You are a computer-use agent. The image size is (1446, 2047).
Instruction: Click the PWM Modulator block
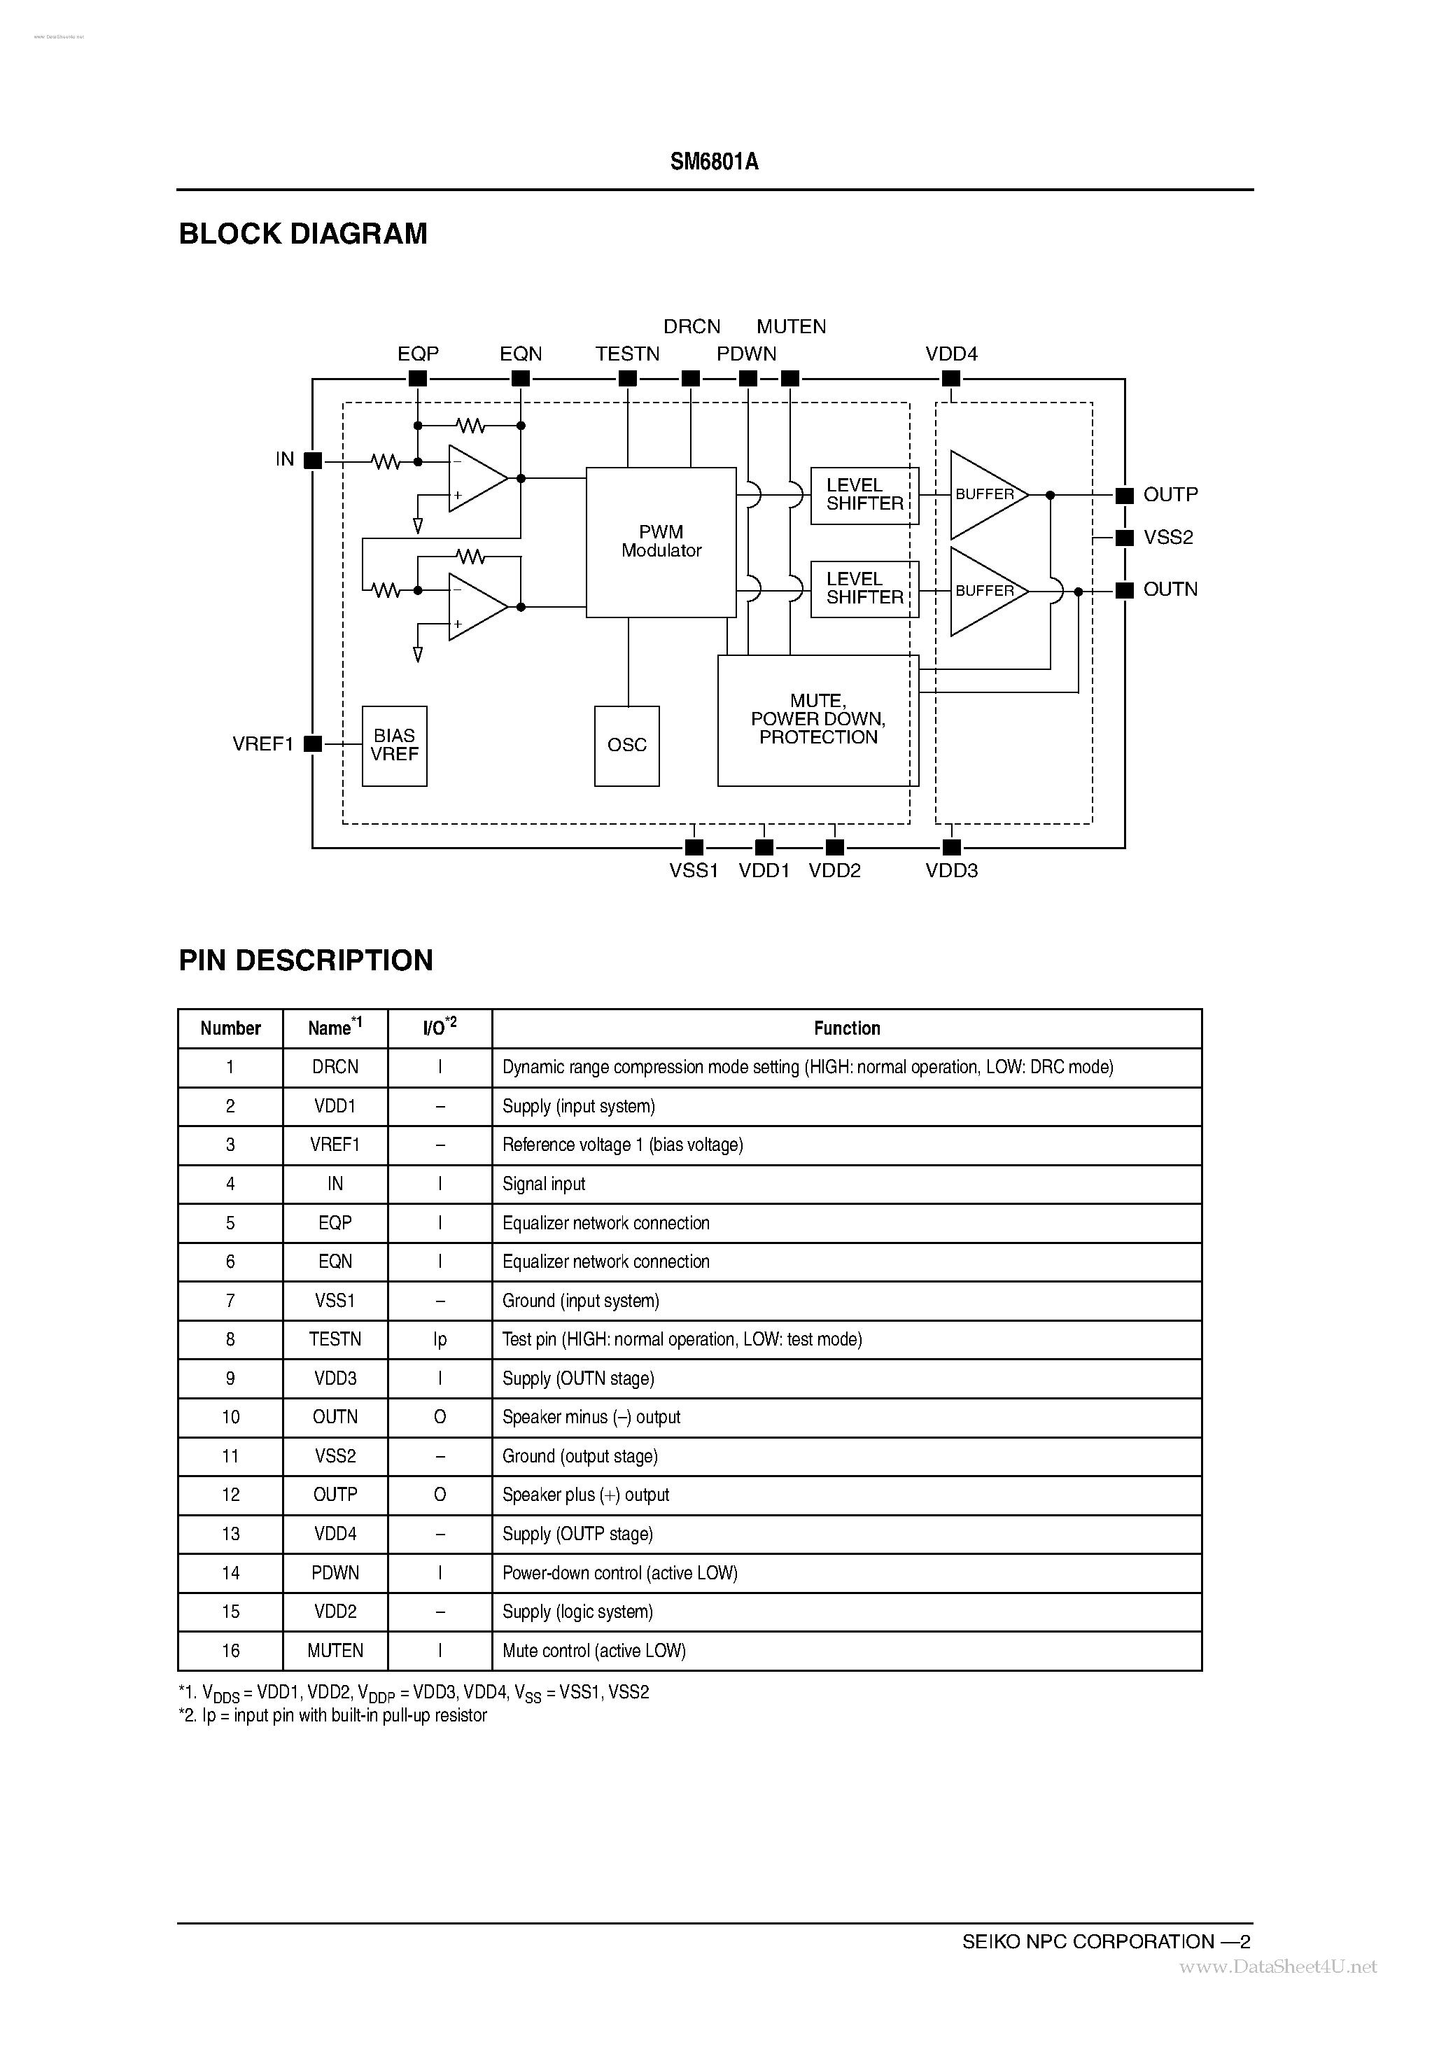pos(661,541)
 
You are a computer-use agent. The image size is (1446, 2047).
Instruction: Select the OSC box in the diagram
pos(626,746)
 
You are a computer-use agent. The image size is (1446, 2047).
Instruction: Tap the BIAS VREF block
pos(394,746)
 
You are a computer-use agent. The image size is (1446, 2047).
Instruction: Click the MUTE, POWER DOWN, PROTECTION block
pos(817,720)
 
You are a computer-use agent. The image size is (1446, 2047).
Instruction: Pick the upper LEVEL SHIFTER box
pos(864,495)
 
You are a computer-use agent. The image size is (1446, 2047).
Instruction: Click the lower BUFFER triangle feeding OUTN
pos(984,591)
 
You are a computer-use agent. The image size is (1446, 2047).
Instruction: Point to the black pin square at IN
pos(313,461)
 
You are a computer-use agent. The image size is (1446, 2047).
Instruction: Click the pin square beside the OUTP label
pos(1125,496)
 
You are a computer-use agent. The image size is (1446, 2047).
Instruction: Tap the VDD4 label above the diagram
pos(951,354)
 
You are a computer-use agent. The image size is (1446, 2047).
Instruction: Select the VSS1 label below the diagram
pos(694,871)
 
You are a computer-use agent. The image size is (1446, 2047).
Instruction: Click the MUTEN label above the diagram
pos(791,327)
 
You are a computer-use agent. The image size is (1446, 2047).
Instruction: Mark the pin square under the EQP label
pos(417,379)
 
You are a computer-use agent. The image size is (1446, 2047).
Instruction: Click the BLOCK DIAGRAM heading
pos(303,234)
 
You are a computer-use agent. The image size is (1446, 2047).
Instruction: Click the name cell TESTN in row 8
pos(335,1339)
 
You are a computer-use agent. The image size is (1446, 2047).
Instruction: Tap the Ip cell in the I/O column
pos(440,1339)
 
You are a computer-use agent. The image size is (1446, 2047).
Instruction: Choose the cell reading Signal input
pos(544,1184)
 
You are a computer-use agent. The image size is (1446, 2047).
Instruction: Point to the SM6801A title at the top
pos(714,162)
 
